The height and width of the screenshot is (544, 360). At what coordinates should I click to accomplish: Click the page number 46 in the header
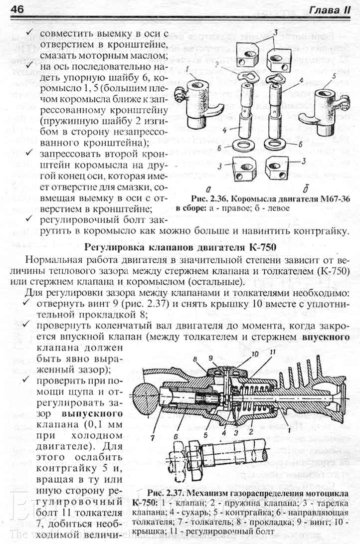tap(17, 8)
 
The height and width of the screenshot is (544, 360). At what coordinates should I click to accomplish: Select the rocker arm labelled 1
tap(199, 100)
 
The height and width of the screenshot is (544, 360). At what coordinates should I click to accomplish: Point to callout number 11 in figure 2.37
tap(272, 354)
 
